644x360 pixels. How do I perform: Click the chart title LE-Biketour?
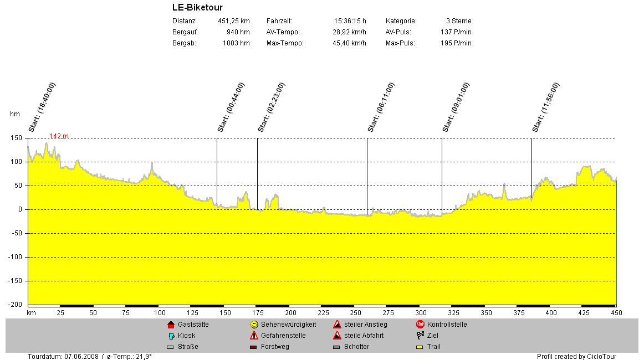pyautogui.click(x=197, y=8)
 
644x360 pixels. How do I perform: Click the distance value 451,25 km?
pyautogui.click(x=233, y=21)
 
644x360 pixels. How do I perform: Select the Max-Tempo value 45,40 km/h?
pyautogui.click(x=349, y=43)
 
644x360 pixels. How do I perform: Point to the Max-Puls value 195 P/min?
pyautogui.click(x=456, y=43)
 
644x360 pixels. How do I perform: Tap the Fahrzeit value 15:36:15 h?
pyautogui.click(x=350, y=21)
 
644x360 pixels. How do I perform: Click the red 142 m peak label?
pyautogui.click(x=59, y=136)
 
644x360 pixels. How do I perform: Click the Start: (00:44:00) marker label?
pyautogui.click(x=231, y=107)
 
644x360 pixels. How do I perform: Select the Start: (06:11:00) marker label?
pyautogui.click(x=381, y=107)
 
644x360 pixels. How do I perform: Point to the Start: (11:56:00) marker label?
pyautogui.click(x=546, y=107)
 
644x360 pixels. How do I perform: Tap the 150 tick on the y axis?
pyautogui.click(x=16, y=138)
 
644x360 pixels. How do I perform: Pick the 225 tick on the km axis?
pyautogui.click(x=323, y=313)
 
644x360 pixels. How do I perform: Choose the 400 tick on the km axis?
pyautogui.click(x=550, y=313)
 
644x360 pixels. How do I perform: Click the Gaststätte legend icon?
pyautogui.click(x=171, y=325)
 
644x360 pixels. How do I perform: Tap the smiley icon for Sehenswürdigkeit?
pyautogui.click(x=254, y=325)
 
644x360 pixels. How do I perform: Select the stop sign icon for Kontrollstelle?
pyautogui.click(x=420, y=325)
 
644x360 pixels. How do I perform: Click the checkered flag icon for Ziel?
pyautogui.click(x=420, y=336)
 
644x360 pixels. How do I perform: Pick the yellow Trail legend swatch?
pyautogui.click(x=420, y=347)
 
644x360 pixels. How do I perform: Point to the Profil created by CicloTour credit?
pyautogui.click(x=576, y=356)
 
